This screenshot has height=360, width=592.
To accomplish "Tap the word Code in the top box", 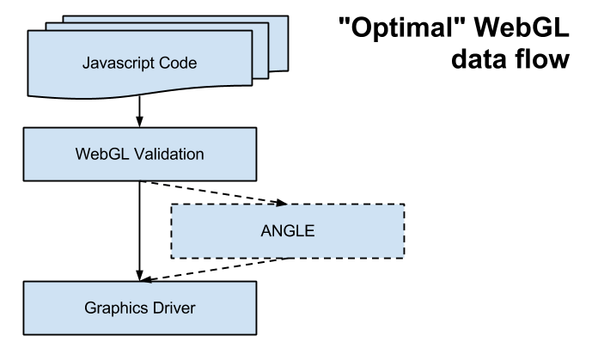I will point(179,63).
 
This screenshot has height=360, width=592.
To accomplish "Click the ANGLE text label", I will point(288,231).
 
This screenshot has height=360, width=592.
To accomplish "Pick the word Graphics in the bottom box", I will point(114,308).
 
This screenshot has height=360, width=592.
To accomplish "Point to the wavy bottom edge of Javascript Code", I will point(137,94).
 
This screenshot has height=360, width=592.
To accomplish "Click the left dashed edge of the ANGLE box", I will point(172,231).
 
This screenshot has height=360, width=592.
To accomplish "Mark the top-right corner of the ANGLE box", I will point(403,205).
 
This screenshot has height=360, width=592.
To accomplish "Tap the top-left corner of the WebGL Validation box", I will point(25,130).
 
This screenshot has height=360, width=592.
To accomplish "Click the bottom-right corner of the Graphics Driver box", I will point(254,333).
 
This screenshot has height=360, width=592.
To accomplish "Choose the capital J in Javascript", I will point(86,63).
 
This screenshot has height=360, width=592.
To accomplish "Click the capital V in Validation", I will point(137,155).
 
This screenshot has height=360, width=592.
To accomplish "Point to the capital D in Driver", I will point(155,308).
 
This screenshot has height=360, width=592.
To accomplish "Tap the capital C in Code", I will point(167,63).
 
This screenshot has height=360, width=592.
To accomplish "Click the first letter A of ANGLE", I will point(265,231).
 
